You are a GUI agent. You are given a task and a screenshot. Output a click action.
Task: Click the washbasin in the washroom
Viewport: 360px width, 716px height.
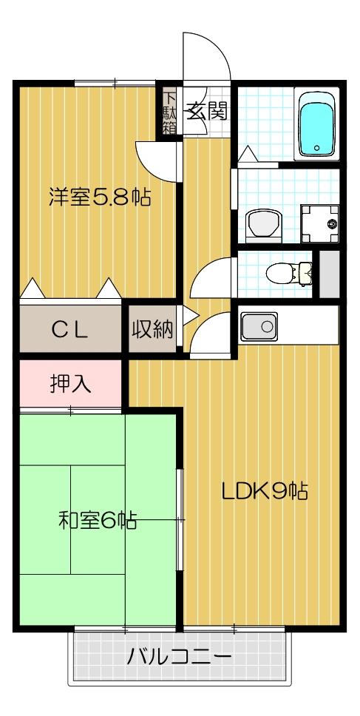[x=263, y=221]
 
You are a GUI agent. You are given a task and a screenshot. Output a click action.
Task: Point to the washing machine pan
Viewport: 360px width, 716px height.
[x=320, y=222]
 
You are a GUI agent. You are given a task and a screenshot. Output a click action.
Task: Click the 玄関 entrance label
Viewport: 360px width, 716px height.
[x=206, y=113]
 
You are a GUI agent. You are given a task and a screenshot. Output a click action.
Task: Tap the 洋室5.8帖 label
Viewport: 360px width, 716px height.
[x=100, y=197]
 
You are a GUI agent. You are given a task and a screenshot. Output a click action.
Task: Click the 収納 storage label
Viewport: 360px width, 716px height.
[x=153, y=330]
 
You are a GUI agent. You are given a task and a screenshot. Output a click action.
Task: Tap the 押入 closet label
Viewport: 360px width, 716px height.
[x=70, y=384]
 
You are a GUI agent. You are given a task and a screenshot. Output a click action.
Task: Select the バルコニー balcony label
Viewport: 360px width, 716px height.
[x=179, y=656]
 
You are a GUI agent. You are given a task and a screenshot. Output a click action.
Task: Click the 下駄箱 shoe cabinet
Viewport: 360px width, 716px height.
[x=170, y=112]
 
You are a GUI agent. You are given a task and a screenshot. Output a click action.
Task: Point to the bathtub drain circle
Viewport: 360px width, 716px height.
[x=317, y=149]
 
